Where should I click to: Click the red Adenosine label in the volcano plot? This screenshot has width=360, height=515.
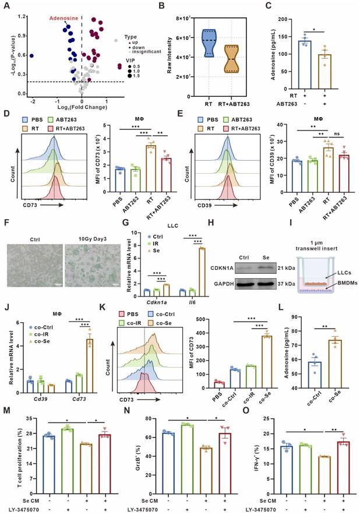[63, 19]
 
